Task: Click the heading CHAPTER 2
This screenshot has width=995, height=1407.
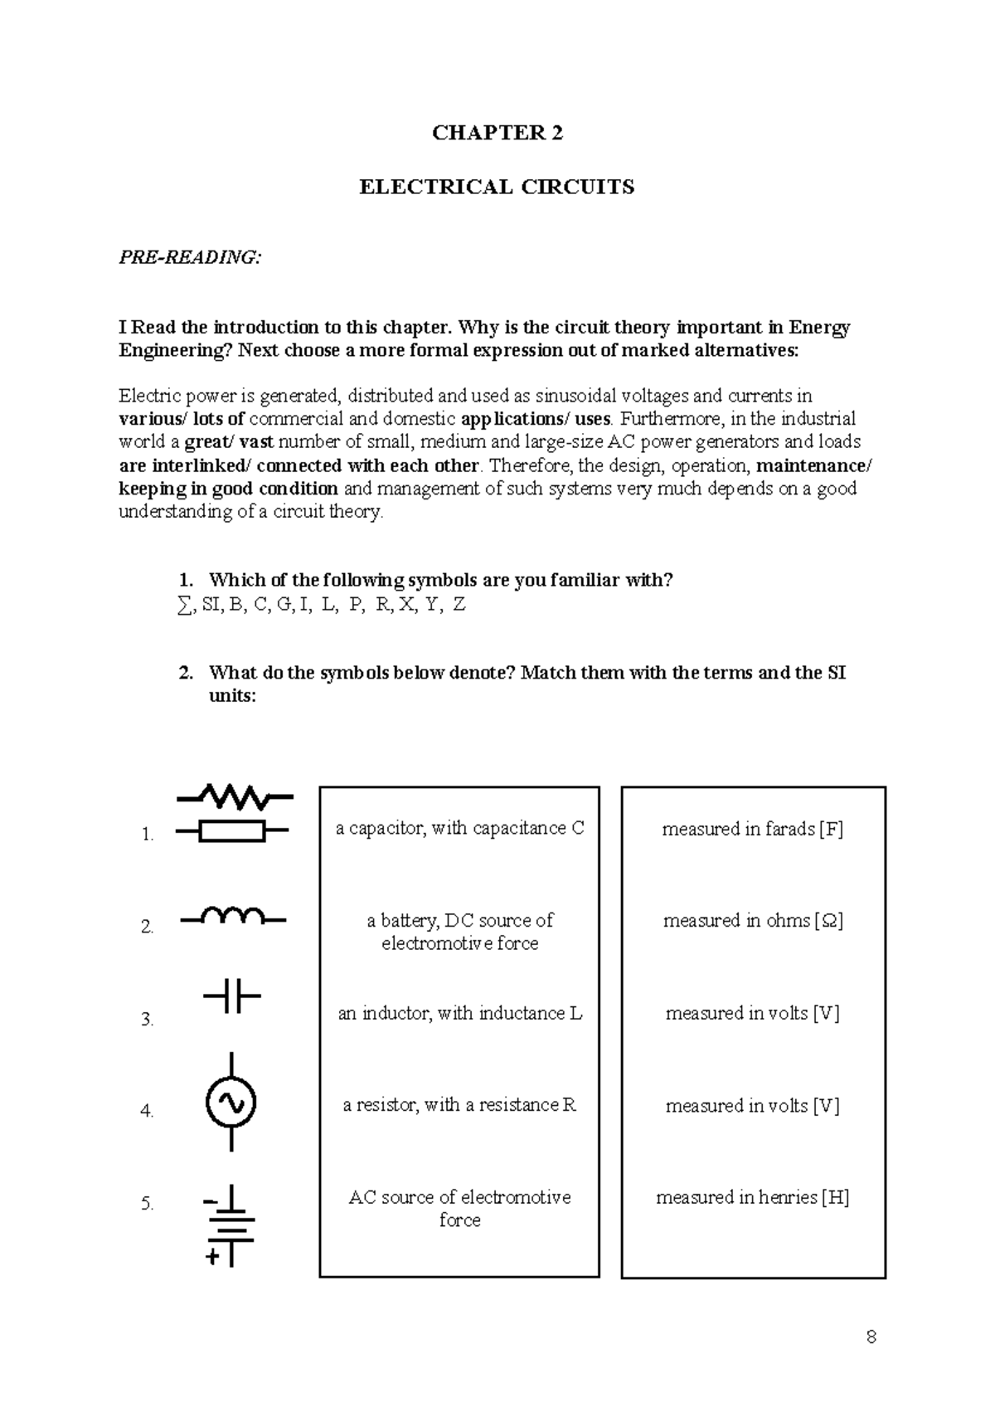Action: (x=497, y=133)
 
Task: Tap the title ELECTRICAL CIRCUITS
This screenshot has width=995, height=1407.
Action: (x=497, y=187)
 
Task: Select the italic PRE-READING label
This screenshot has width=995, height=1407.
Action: (x=190, y=257)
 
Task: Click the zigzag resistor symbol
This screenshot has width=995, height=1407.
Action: (x=235, y=797)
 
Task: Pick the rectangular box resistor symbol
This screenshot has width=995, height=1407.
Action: (x=232, y=830)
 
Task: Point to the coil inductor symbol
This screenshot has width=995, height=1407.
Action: (x=232, y=917)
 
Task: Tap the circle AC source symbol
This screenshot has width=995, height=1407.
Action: (x=231, y=1102)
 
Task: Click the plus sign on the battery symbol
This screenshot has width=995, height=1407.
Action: (x=213, y=1258)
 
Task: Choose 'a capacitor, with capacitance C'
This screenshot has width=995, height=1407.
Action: (x=459, y=828)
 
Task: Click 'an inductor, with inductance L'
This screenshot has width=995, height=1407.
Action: (x=459, y=1013)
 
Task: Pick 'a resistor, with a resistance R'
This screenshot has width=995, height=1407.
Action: (x=459, y=1105)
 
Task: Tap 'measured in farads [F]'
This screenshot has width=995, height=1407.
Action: (x=752, y=829)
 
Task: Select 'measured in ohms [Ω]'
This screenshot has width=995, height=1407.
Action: (x=752, y=920)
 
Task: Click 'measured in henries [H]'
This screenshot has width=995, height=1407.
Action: (x=752, y=1197)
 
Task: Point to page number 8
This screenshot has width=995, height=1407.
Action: (x=871, y=1336)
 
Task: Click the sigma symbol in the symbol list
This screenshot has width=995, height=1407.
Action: (x=183, y=606)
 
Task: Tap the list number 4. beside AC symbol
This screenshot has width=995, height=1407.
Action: (x=148, y=1111)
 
